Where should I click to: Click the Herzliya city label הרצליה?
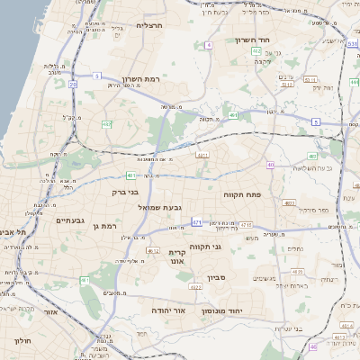coord(149,25)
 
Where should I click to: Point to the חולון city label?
coord(22,341)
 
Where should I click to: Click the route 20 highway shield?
coord(73,84)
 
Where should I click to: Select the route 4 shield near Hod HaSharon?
coord(209,44)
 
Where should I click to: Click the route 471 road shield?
coord(196,221)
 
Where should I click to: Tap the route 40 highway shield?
coord(270,165)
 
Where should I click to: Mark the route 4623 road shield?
coord(194,288)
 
